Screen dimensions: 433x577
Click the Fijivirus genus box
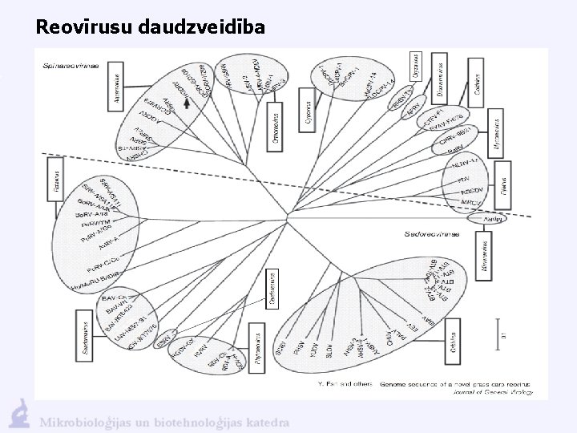[x=503, y=182]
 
